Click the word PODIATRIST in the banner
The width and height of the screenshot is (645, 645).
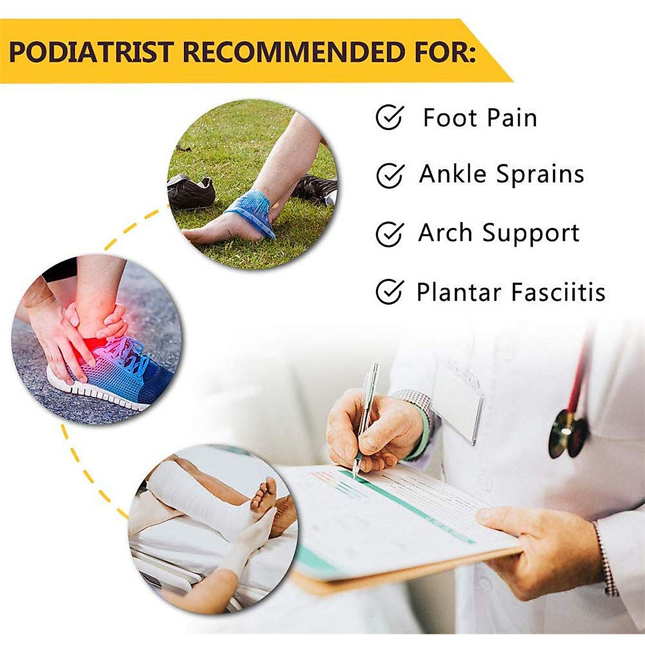91,52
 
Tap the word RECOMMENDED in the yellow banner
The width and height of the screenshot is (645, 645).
293,52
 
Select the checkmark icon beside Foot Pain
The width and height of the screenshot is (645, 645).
389,117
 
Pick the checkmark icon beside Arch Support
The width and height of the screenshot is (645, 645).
389,233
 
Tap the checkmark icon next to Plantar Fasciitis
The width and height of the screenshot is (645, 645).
389,292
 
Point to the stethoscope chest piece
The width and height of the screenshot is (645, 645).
567,433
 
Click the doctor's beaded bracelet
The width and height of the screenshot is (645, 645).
605,559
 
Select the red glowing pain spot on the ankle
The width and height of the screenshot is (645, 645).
91,344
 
